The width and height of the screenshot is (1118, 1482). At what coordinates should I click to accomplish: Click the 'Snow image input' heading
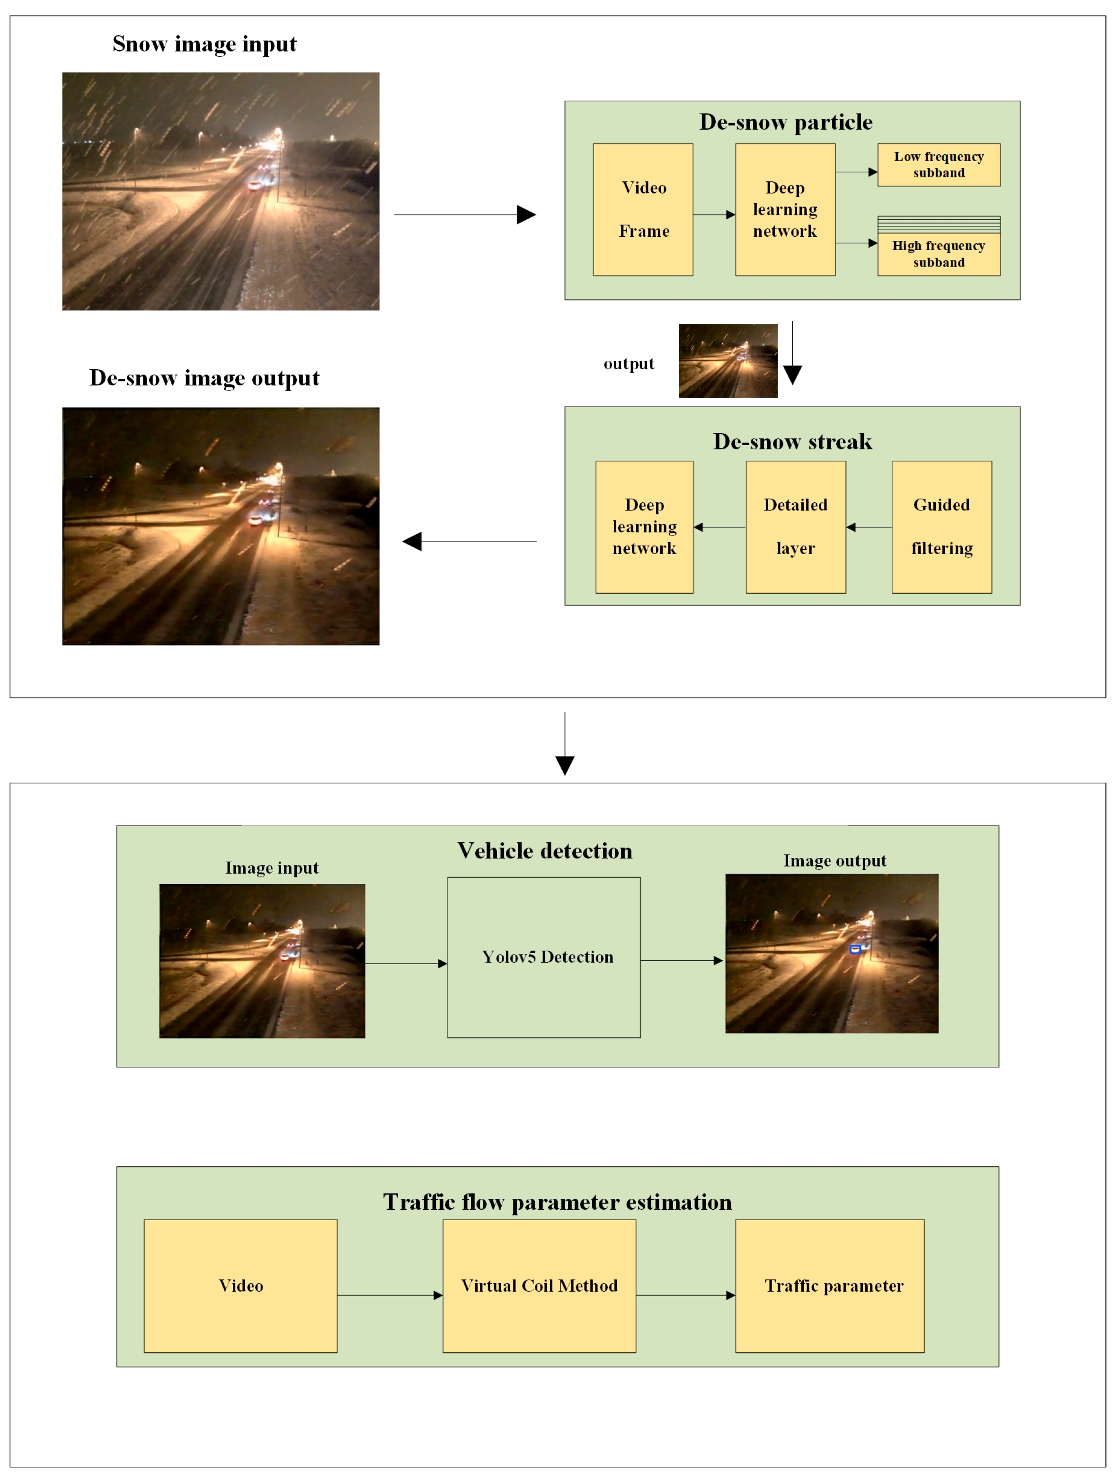click(204, 44)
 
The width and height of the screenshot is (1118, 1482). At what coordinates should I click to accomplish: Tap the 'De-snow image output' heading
click(204, 378)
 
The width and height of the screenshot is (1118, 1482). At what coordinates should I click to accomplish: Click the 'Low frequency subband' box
click(939, 165)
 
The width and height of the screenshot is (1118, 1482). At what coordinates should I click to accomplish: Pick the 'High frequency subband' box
click(939, 253)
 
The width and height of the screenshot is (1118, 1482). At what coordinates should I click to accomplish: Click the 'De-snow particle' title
click(785, 123)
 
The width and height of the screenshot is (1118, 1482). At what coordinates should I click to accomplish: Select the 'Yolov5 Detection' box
click(544, 957)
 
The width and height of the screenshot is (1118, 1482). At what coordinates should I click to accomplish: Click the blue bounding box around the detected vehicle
click(855, 949)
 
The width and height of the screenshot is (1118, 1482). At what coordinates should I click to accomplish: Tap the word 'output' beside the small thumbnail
click(628, 364)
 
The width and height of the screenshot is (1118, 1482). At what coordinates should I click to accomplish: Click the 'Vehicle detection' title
click(545, 851)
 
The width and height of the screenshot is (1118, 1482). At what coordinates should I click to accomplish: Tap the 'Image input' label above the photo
click(271, 868)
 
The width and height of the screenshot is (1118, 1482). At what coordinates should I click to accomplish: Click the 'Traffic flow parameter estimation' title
click(557, 1203)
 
